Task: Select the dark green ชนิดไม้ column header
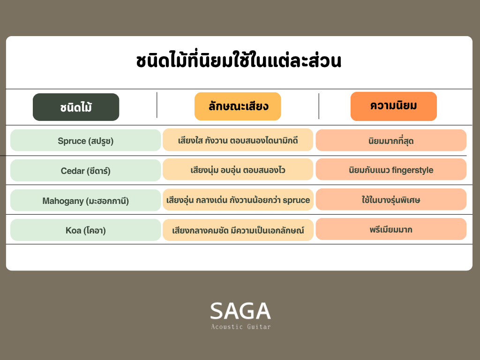coord(76,107)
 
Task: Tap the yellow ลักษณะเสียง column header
coord(238,106)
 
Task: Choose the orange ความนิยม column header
coord(394,106)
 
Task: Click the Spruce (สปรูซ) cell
coord(86,140)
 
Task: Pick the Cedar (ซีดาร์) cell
coord(86,170)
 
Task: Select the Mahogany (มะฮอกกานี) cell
coord(86,200)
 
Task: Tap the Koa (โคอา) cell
coord(86,230)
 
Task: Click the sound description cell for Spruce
coord(238,140)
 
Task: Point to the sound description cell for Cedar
coord(238,169)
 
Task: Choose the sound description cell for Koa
coord(238,230)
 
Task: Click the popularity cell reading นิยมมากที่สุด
coord(391,140)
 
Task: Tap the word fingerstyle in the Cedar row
coord(412,170)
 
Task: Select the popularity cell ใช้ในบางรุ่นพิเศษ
coord(391,199)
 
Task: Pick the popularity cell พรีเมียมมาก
coord(391,229)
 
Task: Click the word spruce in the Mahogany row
coord(296,201)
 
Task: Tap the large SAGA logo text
coord(240,311)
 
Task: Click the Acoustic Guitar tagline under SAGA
coord(241,327)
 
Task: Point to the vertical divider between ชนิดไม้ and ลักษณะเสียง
coord(157,105)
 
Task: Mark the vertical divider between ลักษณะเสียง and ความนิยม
coord(319,106)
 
